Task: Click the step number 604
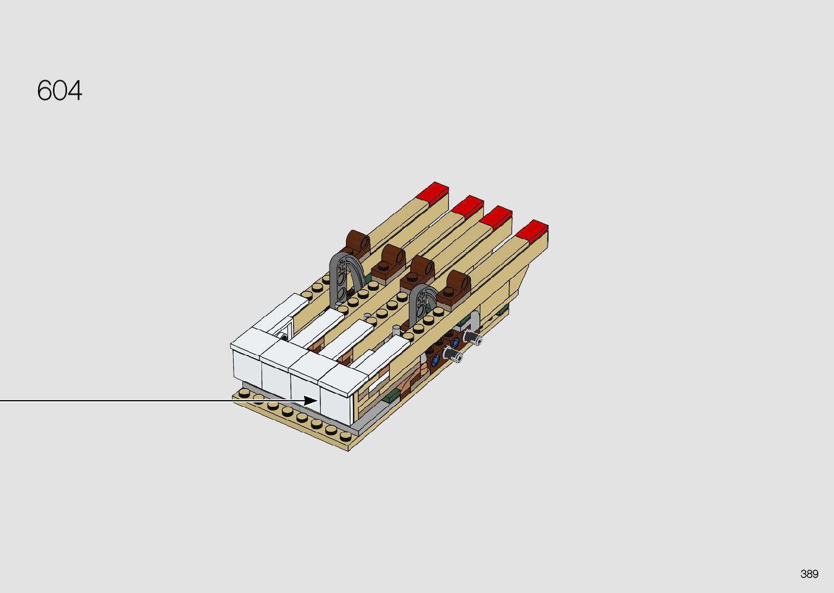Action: coord(59,90)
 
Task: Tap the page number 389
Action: coord(809,573)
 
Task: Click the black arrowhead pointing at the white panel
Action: coord(311,401)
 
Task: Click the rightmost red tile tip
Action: coord(532,230)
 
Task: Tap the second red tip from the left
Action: coord(467,206)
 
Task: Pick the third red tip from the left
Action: coord(496,217)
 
